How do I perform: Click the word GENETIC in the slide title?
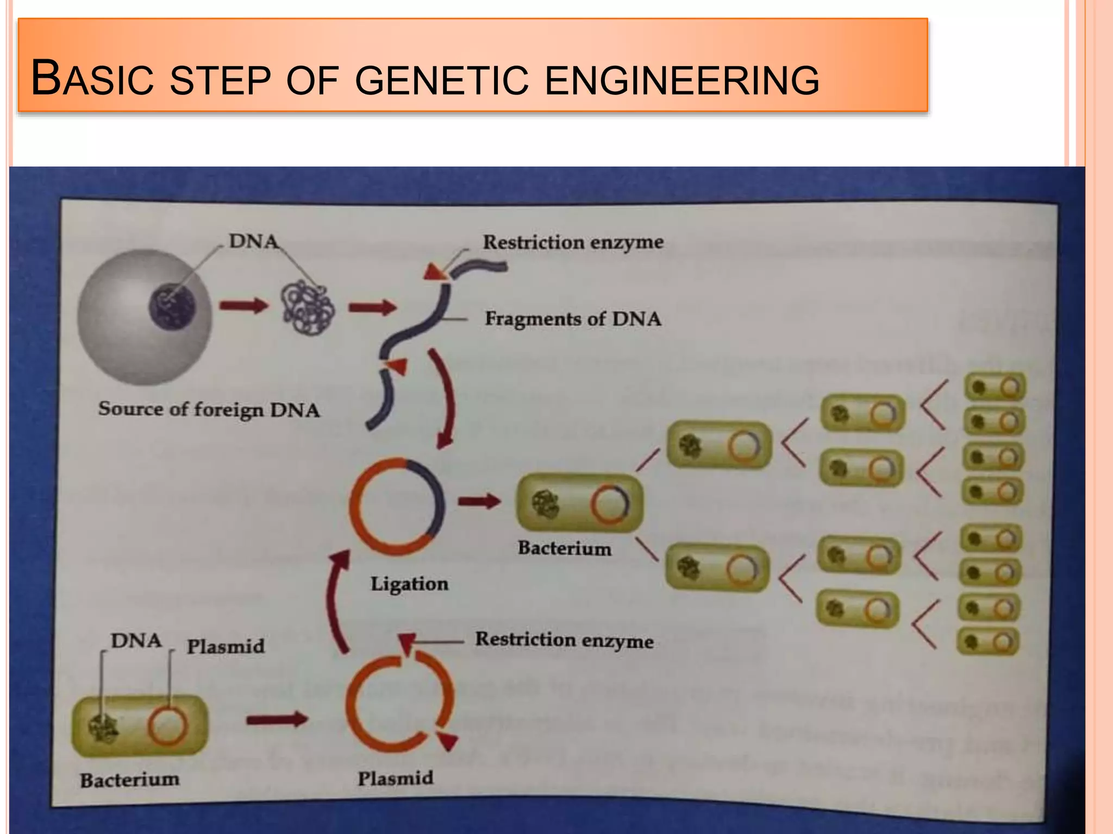[x=441, y=80]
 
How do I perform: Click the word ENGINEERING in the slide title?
[x=681, y=80]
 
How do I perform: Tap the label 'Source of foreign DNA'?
[x=209, y=409]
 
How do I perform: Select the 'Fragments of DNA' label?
[x=573, y=319]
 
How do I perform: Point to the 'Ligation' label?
[x=409, y=584]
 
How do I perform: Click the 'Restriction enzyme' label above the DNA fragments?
[x=573, y=242]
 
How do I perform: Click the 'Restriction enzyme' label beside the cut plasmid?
[x=564, y=640]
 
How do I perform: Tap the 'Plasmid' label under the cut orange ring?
[x=395, y=779]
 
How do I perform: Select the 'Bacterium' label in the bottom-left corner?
[x=129, y=780]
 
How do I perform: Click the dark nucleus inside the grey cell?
[x=172, y=307]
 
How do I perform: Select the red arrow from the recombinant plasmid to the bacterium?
[x=478, y=501]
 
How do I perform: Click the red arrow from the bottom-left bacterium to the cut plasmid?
[x=277, y=720]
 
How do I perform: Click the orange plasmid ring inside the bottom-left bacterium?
[x=167, y=726]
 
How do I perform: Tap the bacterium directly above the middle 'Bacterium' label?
[x=579, y=503]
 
